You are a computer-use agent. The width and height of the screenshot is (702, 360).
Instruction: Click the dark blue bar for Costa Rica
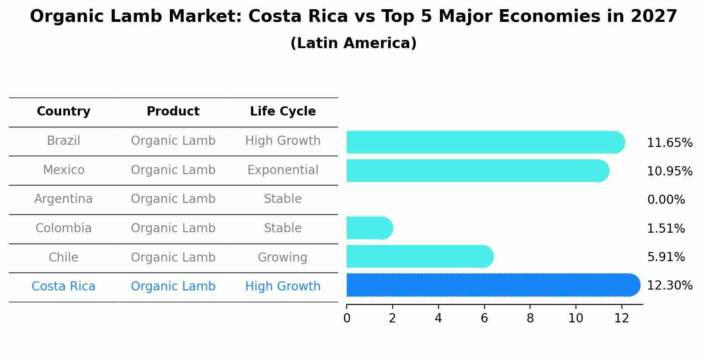pyautogui.click(x=492, y=285)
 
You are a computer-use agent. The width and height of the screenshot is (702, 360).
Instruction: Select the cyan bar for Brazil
pyautogui.click(x=485, y=142)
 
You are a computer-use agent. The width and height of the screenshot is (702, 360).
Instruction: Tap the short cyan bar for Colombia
pyautogui.click(x=369, y=228)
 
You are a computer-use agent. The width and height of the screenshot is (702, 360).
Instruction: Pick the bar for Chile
pyautogui.click(x=419, y=256)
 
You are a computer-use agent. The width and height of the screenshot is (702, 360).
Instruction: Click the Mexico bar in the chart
pyautogui.click(x=477, y=171)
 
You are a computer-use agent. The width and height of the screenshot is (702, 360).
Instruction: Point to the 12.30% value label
pyautogui.click(x=669, y=286)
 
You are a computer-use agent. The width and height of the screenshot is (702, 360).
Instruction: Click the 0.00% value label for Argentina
pyautogui.click(x=666, y=200)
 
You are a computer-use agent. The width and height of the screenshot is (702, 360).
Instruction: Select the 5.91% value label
pyautogui.click(x=666, y=257)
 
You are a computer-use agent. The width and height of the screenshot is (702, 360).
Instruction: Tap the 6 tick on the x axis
pyautogui.click(x=484, y=318)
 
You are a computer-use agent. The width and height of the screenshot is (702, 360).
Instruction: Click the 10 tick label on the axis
pyautogui.click(x=576, y=318)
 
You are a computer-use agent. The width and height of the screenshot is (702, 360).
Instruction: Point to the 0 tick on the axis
pyautogui.click(x=347, y=318)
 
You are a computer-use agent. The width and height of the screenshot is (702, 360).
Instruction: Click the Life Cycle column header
pyautogui.click(x=283, y=112)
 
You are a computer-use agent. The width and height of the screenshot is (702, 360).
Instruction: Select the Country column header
pyautogui.click(x=63, y=112)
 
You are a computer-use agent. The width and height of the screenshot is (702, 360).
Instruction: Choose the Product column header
pyautogui.click(x=173, y=112)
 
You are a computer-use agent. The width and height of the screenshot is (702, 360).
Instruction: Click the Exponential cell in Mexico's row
pyautogui.click(x=283, y=170)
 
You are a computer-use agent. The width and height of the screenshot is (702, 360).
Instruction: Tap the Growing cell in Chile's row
pyautogui.click(x=282, y=257)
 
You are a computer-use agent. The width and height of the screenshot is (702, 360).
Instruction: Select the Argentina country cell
pyautogui.click(x=63, y=199)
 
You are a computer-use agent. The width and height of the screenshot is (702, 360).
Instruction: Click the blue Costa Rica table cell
pyautogui.click(x=63, y=287)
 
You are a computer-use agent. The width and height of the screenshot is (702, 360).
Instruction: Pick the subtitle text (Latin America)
pyautogui.click(x=353, y=43)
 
